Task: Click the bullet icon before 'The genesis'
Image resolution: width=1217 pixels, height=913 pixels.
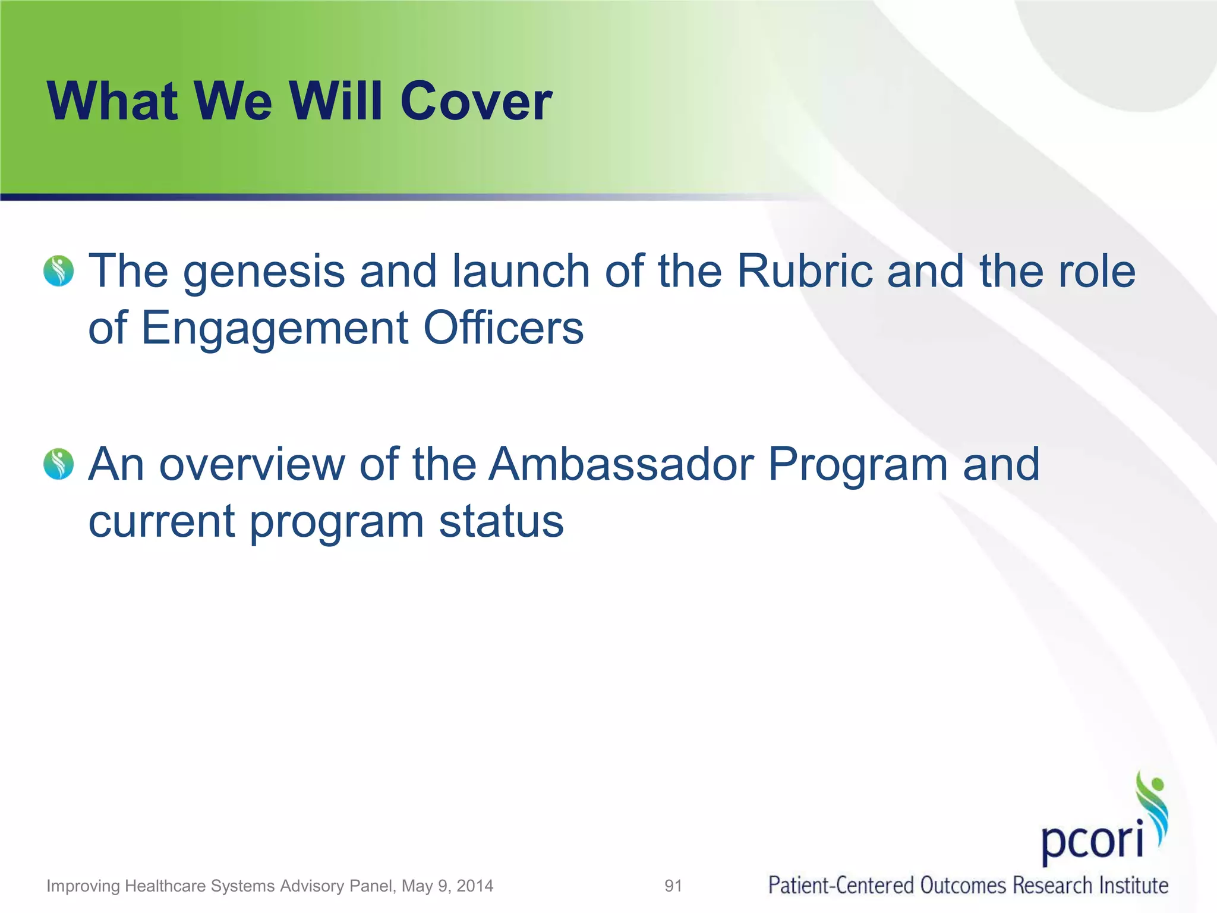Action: pos(59,271)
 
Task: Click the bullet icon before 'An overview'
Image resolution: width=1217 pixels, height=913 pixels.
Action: pos(59,464)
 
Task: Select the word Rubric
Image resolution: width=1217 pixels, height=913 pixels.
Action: pos(805,271)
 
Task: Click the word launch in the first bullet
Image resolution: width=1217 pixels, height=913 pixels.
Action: pos(521,271)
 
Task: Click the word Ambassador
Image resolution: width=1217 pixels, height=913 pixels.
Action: pos(622,464)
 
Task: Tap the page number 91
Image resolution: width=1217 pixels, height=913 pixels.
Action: pos(673,886)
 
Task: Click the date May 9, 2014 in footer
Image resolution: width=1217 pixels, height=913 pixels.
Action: pos(447,886)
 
